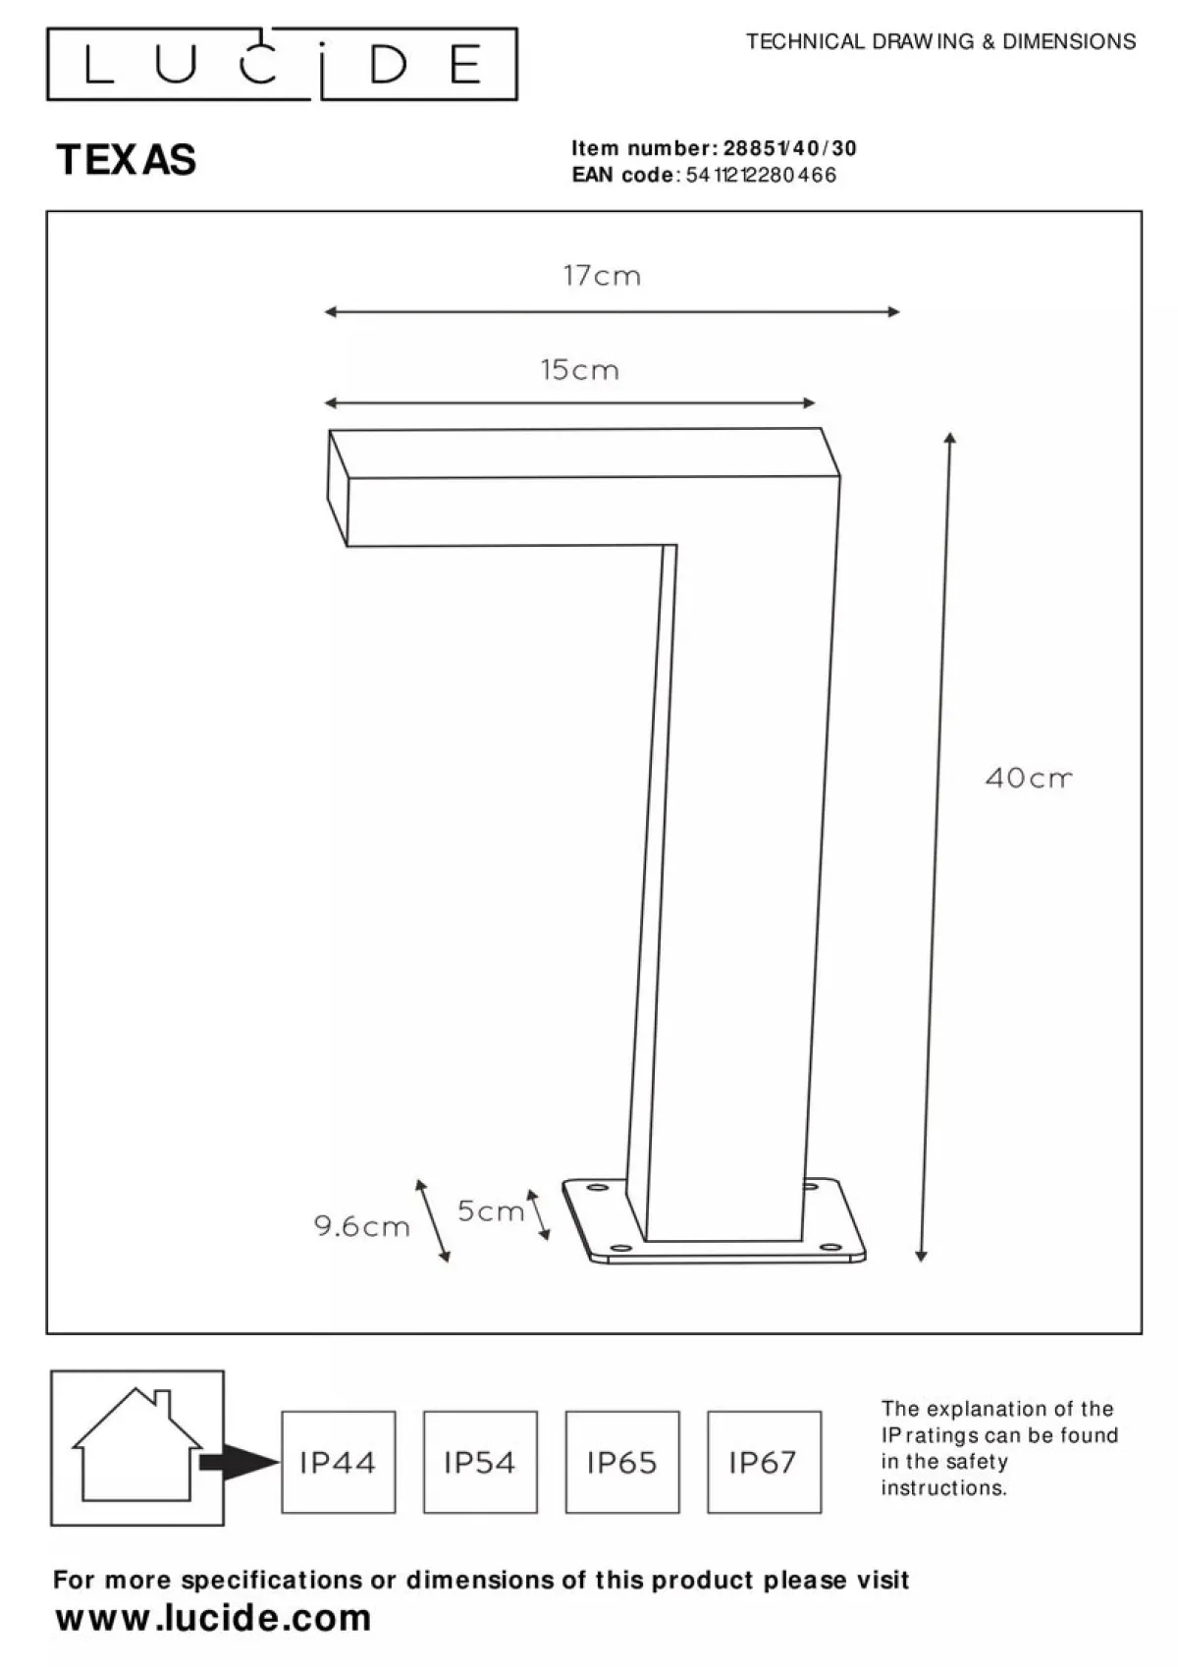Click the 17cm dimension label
tap(602, 276)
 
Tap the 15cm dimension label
tap(580, 370)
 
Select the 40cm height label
tap(1029, 779)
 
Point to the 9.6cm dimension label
tap(361, 1225)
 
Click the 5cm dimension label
tap(491, 1210)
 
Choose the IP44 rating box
tap(339, 1462)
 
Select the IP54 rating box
tap(480, 1462)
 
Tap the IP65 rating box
tap(622, 1462)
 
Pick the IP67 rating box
tap(765, 1462)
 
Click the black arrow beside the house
tap(239, 1462)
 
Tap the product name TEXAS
tap(127, 160)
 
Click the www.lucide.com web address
tap(214, 1618)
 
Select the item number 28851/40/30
tap(790, 148)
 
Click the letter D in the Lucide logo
tap(389, 64)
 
